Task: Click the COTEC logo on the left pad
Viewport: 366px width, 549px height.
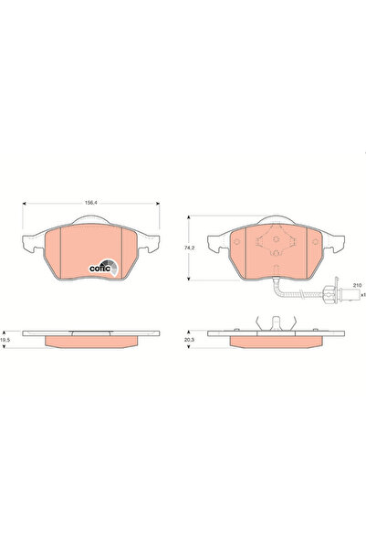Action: [x=101, y=266]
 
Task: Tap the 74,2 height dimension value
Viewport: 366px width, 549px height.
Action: [x=189, y=247]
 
